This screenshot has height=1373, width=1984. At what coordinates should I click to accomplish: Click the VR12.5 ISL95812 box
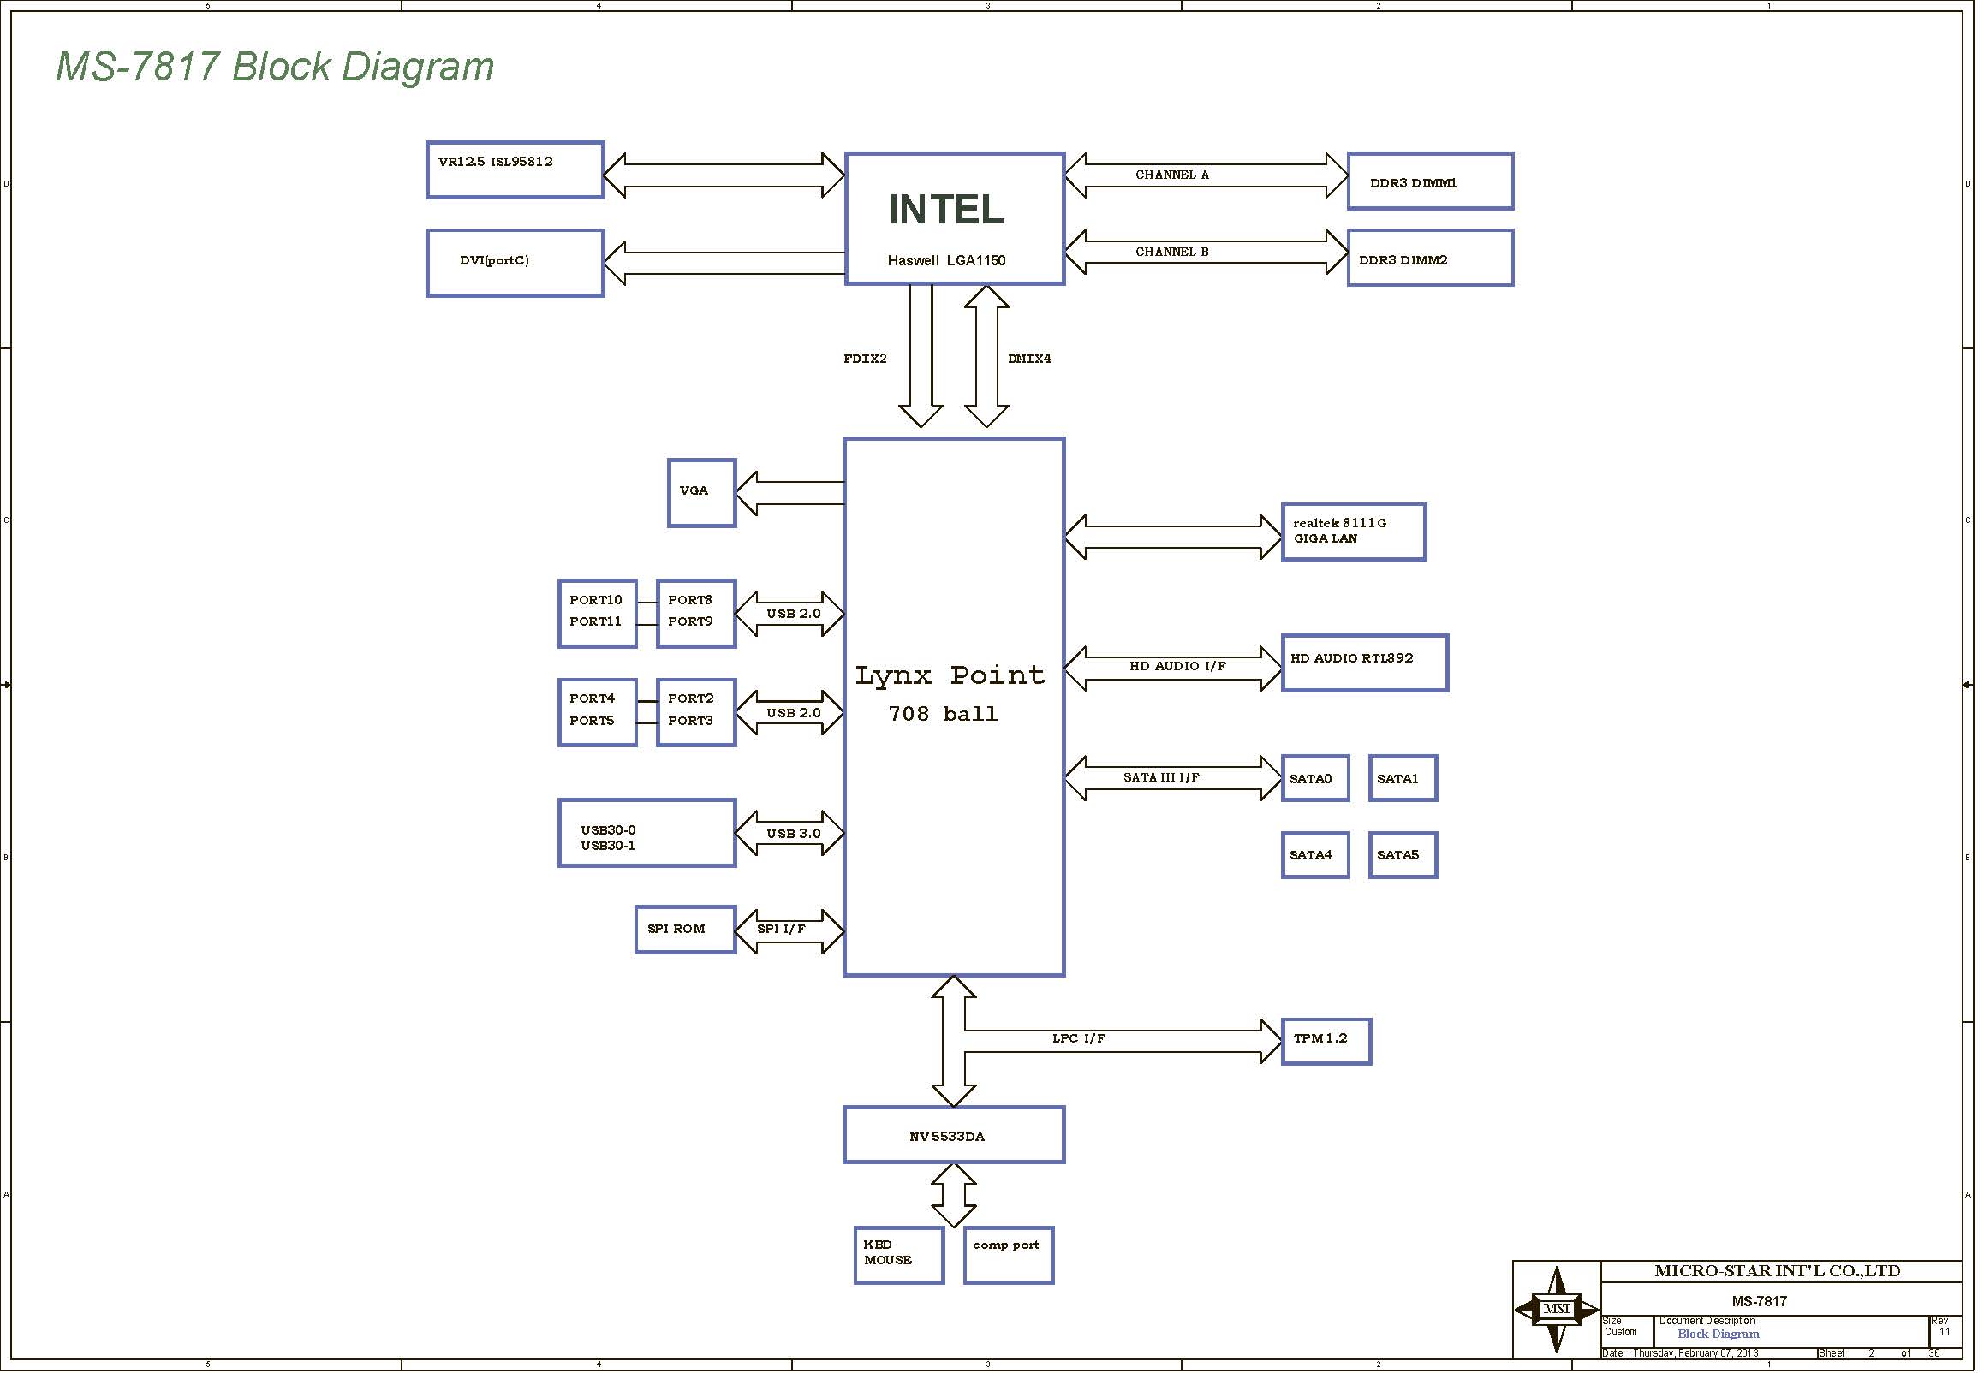click(x=515, y=170)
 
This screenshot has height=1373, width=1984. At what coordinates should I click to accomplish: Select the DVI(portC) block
click(x=515, y=264)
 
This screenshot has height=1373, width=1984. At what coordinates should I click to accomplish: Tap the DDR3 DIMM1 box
click(x=1430, y=181)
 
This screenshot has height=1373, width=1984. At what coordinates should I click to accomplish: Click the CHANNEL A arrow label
click(x=1171, y=175)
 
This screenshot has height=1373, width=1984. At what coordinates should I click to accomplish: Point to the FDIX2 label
click(x=865, y=359)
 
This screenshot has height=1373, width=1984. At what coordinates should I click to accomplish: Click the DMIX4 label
click(x=1029, y=359)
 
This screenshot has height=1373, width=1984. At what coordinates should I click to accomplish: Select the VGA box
click(x=702, y=493)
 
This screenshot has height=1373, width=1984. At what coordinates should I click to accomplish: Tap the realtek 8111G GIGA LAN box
click(x=1354, y=532)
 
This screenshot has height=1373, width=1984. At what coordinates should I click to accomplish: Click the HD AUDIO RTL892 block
click(x=1365, y=663)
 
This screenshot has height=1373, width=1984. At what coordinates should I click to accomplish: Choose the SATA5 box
click(x=1403, y=855)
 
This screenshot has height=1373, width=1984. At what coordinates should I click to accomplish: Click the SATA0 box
click(x=1314, y=779)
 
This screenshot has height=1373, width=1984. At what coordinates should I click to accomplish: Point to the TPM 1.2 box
click(x=1326, y=1042)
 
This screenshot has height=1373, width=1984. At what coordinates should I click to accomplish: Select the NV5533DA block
click(x=954, y=1136)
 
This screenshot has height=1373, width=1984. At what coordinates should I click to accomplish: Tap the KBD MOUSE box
click(x=899, y=1255)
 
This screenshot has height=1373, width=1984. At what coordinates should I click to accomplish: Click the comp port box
click(x=1009, y=1255)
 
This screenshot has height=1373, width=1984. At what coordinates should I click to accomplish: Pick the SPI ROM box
click(x=686, y=930)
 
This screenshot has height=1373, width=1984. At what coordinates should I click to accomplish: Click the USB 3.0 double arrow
click(x=789, y=834)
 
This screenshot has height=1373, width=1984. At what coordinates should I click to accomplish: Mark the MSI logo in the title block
click(x=1557, y=1310)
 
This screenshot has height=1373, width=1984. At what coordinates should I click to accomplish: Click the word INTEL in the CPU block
click(x=946, y=210)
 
